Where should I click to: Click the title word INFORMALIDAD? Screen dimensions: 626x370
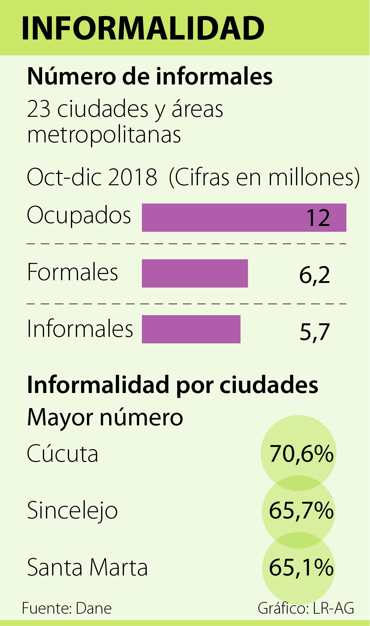tap(143, 28)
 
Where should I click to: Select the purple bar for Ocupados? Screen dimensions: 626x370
tap(222, 218)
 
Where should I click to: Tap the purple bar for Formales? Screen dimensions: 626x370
tap(195, 273)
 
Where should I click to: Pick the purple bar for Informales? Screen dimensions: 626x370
tap(191, 329)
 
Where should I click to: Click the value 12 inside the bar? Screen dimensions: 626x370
tap(318, 218)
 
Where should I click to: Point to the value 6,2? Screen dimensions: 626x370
tap(314, 275)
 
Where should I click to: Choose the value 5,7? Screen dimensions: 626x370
tap(314, 332)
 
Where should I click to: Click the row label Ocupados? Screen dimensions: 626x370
tap(79, 215)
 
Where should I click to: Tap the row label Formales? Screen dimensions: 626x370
tap(73, 272)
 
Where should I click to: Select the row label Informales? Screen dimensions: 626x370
tap(80, 329)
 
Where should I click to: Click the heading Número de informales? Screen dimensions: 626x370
tap(150, 76)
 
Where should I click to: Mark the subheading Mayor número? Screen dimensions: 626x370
tap(105, 417)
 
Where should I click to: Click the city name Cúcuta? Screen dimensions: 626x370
tap(63, 454)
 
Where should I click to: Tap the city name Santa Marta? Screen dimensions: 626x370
tap(88, 567)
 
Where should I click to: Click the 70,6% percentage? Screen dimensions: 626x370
tap(301, 454)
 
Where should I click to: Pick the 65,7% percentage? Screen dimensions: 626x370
tap(301, 511)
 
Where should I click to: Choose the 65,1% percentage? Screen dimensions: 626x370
tap(301, 567)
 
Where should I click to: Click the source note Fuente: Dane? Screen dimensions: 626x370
tap(67, 608)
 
